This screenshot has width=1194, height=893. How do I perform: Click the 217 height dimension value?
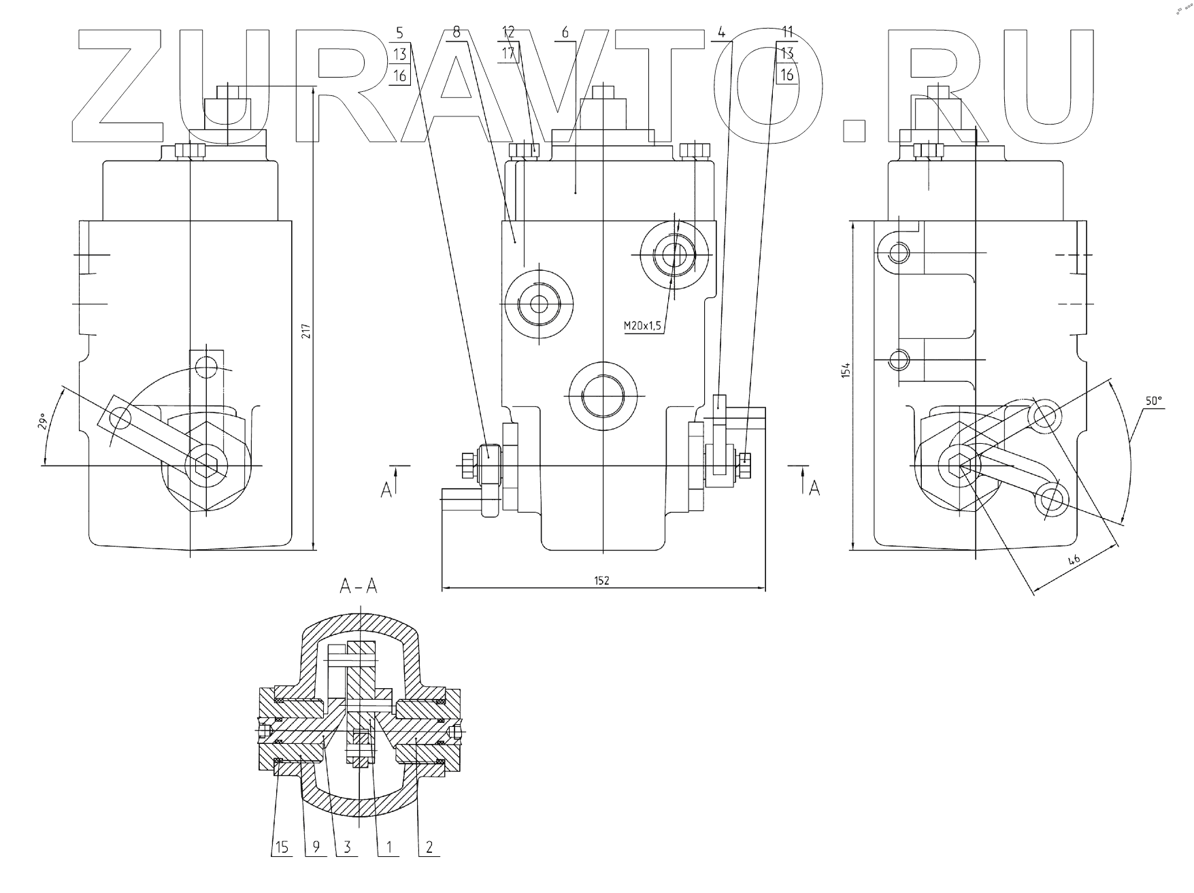click(x=306, y=331)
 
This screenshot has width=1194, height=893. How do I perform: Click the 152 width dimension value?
click(x=602, y=580)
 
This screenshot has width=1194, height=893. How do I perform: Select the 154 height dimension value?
click(x=845, y=371)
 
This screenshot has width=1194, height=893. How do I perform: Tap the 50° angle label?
click(x=1153, y=402)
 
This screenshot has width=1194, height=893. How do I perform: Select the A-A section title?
click(x=358, y=587)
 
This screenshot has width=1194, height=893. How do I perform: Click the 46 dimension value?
click(x=1074, y=561)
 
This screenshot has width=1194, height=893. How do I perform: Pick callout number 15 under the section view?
click(x=282, y=847)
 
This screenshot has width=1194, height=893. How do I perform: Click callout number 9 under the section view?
click(x=316, y=847)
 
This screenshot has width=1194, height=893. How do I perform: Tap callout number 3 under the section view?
click(x=347, y=847)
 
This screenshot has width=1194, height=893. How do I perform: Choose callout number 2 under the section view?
click(x=429, y=847)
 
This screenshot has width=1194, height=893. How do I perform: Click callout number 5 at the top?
click(x=399, y=32)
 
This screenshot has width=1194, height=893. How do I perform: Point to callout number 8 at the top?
click(x=457, y=32)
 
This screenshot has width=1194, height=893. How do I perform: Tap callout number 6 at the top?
click(x=565, y=32)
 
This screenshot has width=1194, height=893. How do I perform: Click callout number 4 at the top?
click(x=721, y=32)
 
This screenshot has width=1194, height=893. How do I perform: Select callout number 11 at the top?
click(x=787, y=32)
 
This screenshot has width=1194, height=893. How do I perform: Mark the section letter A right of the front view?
click(x=814, y=488)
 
